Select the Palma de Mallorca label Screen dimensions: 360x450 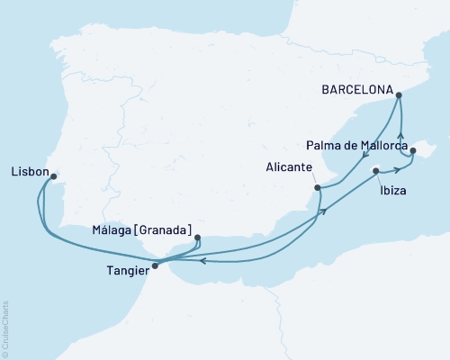click(357, 144)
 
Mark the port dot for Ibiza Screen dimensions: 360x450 click(374, 169)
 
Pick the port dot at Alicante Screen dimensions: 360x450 click(317, 188)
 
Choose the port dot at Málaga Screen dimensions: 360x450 click(197, 238)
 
